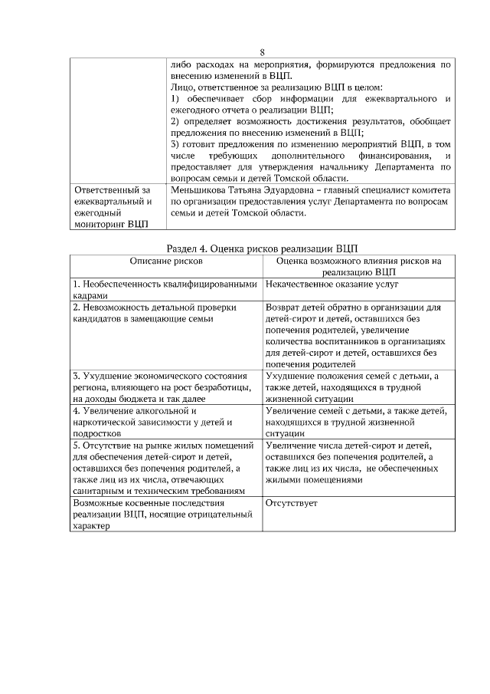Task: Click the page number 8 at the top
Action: [262, 52]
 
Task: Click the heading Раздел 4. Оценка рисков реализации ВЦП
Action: [262, 248]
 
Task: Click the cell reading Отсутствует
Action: [291, 504]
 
